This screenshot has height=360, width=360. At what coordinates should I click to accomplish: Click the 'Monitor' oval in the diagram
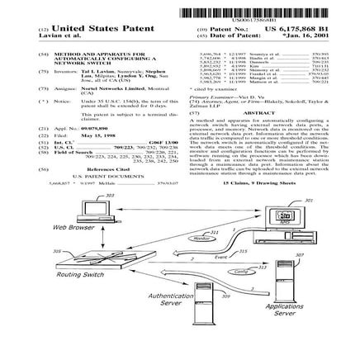tap(201, 238)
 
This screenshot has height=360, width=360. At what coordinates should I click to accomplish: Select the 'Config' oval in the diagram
tap(239, 271)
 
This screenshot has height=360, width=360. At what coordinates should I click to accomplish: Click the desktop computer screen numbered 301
tap(284, 216)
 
